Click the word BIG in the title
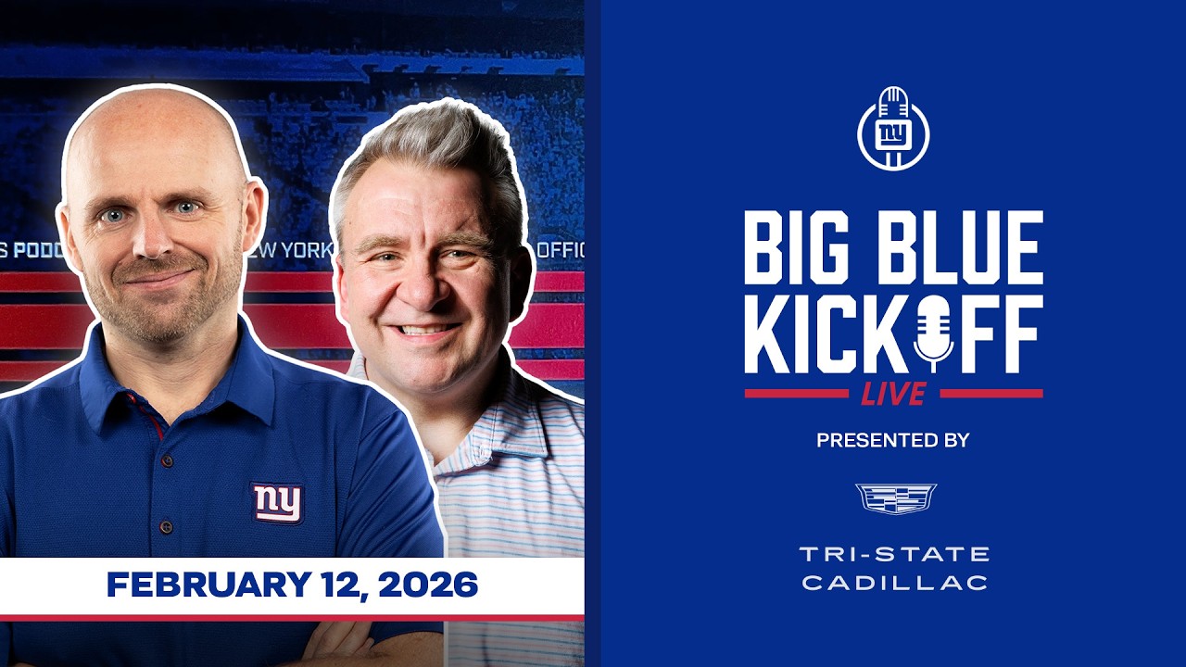(804, 247)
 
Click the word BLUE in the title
(961, 247)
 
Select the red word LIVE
(893, 394)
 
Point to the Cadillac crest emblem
(895, 497)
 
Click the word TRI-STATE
(894, 554)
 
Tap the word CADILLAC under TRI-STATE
(894, 583)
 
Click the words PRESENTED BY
(893, 441)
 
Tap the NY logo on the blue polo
(278, 502)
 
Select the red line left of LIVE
(796, 394)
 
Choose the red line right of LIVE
(990, 394)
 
